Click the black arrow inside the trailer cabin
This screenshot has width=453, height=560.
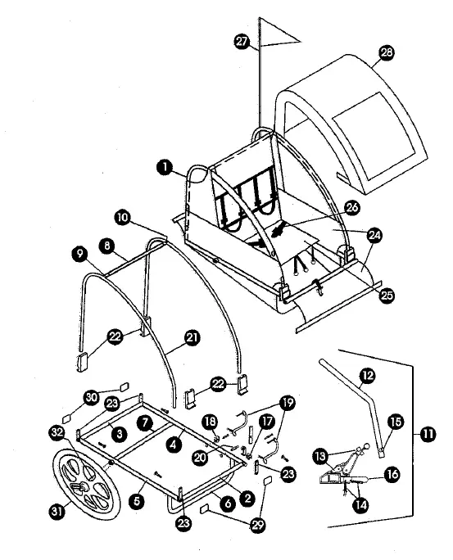pyautogui.click(x=280, y=229)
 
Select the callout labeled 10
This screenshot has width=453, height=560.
pyautogui.click(x=121, y=219)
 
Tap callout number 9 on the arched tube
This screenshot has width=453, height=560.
pyautogui.click(x=82, y=255)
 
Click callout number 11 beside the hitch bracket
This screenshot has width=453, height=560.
pyautogui.click(x=427, y=435)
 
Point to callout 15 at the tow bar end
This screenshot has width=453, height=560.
pyautogui.click(x=395, y=422)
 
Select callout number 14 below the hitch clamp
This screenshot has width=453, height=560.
pyautogui.click(x=360, y=505)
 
